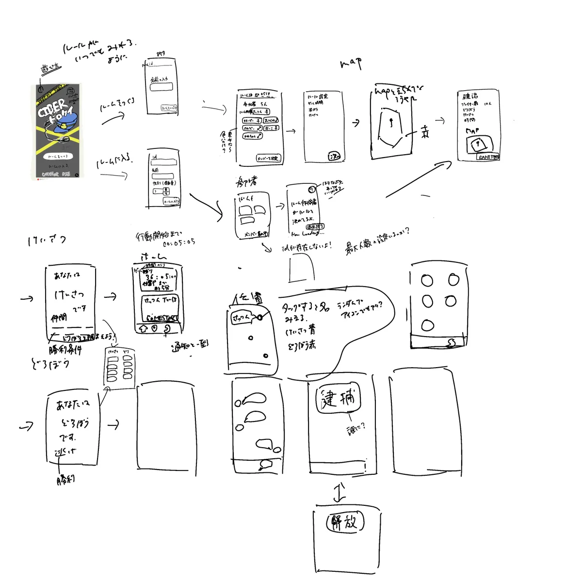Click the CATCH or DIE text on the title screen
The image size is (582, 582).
(x=56, y=174)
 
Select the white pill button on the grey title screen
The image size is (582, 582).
(x=58, y=156)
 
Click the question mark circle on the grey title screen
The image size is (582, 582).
(x=41, y=89)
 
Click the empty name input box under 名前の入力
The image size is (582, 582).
(x=161, y=87)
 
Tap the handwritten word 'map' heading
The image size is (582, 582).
(x=351, y=63)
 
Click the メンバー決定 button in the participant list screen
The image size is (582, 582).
(x=268, y=158)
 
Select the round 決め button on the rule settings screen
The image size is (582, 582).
(x=335, y=156)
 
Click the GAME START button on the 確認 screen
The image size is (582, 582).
(x=487, y=157)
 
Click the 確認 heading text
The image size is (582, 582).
(x=469, y=96)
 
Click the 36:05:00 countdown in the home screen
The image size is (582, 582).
(x=160, y=277)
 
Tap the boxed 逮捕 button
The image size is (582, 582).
(x=339, y=400)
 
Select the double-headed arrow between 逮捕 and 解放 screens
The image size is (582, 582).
(x=340, y=492)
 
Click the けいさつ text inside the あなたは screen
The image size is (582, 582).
(x=69, y=294)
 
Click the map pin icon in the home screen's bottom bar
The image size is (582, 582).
(x=155, y=328)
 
